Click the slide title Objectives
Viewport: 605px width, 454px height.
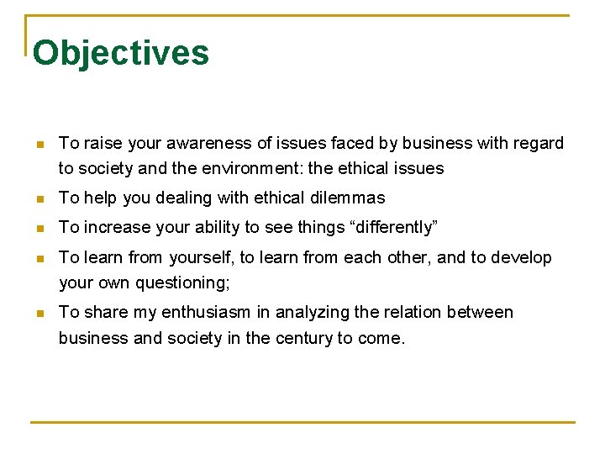[120, 52]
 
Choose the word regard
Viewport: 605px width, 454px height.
[538, 144]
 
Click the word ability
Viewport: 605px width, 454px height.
[205, 227]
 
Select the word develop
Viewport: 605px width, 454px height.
[523, 257]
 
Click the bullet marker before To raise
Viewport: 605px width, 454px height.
[39, 145]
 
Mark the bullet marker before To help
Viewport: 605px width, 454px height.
[39, 199]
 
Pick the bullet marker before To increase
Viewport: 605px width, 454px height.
[39, 228]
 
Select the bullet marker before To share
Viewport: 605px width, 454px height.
[39, 313]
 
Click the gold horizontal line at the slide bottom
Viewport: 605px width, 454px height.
[302, 421]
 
